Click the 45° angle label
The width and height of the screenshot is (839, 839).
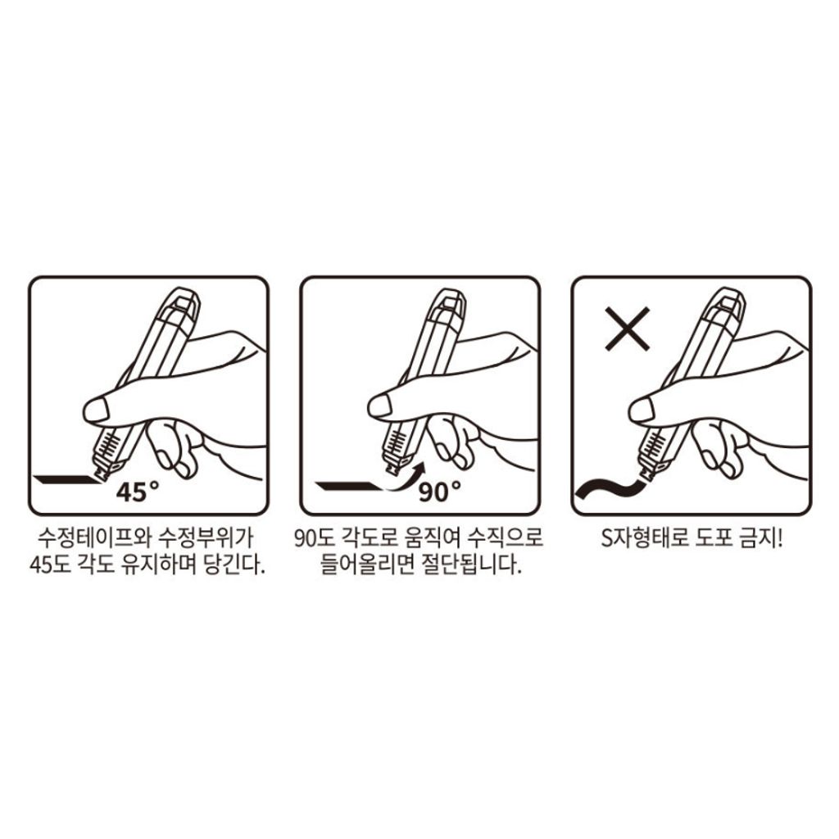(138, 492)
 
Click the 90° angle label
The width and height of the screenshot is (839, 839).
(439, 492)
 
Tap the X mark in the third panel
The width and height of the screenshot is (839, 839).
(627, 329)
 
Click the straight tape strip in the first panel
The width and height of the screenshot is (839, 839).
(67, 479)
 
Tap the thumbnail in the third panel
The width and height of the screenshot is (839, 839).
(641, 410)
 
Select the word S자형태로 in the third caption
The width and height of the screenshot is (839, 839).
(644, 537)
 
